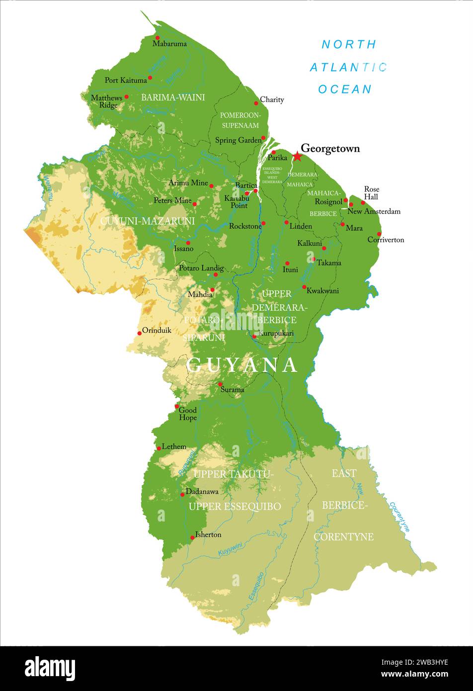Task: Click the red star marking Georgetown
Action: pyautogui.click(x=297, y=157)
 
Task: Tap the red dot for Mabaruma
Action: pyautogui.click(x=158, y=38)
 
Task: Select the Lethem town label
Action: pyautogui.click(x=174, y=446)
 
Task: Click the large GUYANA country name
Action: pyautogui.click(x=242, y=365)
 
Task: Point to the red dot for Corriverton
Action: pyautogui.click(x=379, y=234)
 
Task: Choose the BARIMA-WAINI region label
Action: pyautogui.click(x=173, y=97)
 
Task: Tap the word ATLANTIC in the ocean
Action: pyautogui.click(x=348, y=67)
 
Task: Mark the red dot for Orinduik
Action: pyautogui.click(x=140, y=333)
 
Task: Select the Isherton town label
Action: pyautogui.click(x=208, y=534)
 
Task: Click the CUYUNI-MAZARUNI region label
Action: pyautogui.click(x=147, y=220)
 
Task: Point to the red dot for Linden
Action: pyautogui.click(x=287, y=222)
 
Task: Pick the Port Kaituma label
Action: pyautogui.click(x=126, y=80)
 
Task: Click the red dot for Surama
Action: pyautogui.click(x=220, y=384)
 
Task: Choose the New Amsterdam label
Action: pyautogui.click(x=374, y=211)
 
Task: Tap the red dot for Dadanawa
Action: pyautogui.click(x=182, y=494)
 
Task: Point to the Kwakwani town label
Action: pyautogui.click(x=322, y=290)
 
